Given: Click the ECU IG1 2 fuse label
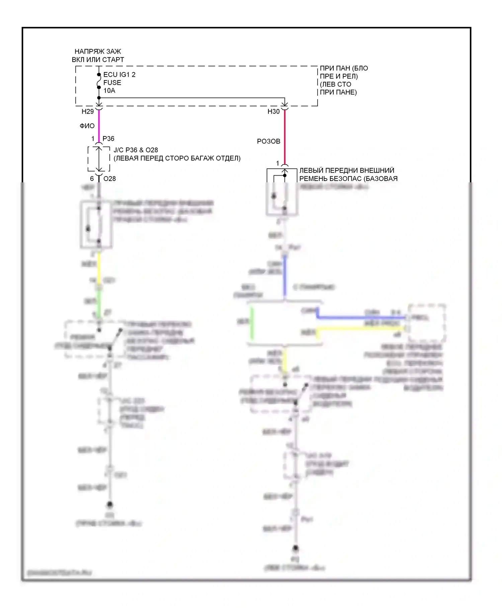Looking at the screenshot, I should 119,74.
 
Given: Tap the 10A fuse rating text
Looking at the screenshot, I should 109,90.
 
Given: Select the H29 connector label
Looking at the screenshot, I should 88,112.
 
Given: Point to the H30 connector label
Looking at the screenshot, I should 273,112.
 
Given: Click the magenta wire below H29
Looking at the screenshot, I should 99,126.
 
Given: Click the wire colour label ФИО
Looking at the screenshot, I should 87,126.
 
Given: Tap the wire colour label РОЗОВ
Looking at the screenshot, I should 268,141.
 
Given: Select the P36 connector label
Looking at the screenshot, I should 108,139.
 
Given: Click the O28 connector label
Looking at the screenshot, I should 109,179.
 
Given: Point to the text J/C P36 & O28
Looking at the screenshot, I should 136,150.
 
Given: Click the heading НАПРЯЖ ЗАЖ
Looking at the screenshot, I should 98,52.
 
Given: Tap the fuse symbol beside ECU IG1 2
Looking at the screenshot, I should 99,81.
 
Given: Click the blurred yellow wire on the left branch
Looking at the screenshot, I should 99,268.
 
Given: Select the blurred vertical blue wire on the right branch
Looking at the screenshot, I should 285,277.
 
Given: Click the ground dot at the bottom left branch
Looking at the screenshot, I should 109,504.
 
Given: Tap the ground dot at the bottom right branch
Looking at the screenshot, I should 295,548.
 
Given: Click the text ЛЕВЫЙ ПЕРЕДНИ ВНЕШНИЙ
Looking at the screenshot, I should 347,171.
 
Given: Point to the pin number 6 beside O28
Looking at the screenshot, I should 92,179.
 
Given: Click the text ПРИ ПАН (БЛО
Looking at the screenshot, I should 344,68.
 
